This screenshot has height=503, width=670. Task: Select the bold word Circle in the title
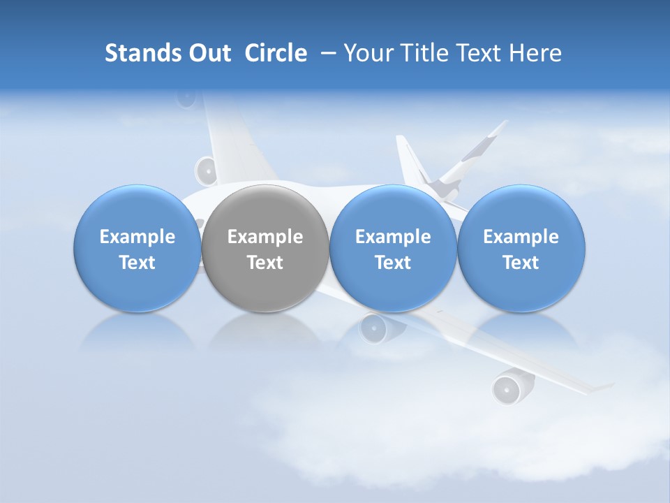(x=276, y=53)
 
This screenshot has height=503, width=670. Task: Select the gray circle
(x=265, y=248)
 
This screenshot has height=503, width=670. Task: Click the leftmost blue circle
(x=137, y=248)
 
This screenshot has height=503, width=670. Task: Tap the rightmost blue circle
(x=521, y=248)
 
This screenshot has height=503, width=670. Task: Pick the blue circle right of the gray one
(x=393, y=248)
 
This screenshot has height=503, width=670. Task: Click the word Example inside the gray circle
(x=265, y=237)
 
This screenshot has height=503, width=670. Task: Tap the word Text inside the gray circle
(x=265, y=263)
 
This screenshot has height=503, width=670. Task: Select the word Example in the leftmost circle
(x=137, y=237)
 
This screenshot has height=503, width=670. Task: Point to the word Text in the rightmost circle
(x=521, y=263)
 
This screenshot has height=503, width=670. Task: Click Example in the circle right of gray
(x=393, y=237)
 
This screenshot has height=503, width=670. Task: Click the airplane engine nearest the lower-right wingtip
(x=507, y=388)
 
